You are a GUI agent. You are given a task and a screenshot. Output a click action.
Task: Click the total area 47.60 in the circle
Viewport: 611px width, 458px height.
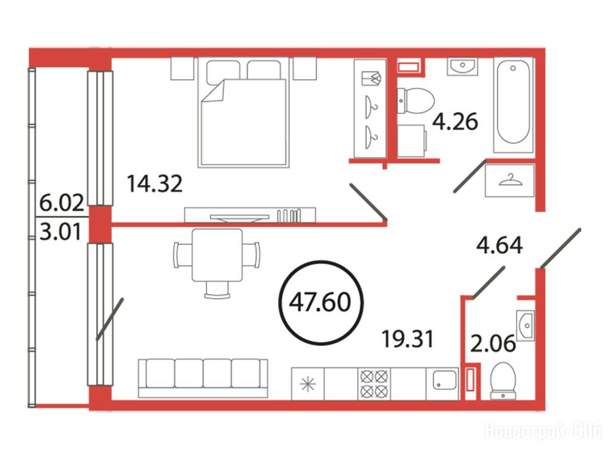click(x=320, y=302)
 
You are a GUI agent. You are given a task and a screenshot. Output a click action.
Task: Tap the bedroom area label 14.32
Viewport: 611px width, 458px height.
click(x=155, y=184)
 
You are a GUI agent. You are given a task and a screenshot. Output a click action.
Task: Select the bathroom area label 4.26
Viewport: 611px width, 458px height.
click(x=455, y=121)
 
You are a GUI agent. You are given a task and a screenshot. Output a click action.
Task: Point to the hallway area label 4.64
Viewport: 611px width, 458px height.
click(x=499, y=245)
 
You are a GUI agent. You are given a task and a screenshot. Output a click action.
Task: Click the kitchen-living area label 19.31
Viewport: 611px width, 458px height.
click(x=408, y=339)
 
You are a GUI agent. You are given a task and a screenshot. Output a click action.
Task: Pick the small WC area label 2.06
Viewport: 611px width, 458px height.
click(x=493, y=344)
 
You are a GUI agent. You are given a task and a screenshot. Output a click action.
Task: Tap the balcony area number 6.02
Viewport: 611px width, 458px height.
click(x=62, y=203)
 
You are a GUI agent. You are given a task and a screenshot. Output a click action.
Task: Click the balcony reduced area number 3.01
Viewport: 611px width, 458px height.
click(x=61, y=232)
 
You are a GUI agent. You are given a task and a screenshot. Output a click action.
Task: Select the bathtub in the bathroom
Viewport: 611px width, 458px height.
click(x=513, y=105)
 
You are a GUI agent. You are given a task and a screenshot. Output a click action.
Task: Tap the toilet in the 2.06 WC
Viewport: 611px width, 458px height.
click(x=503, y=381)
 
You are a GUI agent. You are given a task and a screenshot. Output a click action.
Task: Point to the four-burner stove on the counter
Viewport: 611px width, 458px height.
click(x=374, y=384)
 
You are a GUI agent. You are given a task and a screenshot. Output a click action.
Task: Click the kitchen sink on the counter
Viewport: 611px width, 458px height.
click(x=445, y=380)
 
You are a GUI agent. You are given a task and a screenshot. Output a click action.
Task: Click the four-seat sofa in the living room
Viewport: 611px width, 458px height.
click(x=203, y=378)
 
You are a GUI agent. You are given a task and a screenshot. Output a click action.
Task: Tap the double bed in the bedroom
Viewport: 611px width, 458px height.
click(x=243, y=112)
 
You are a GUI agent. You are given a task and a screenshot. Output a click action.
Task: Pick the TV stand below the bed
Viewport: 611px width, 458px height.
click(x=250, y=215)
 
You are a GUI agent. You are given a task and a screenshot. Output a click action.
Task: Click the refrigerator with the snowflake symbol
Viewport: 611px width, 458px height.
click(x=308, y=384)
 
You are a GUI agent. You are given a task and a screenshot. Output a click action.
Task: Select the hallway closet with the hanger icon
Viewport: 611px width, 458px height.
click(x=510, y=180)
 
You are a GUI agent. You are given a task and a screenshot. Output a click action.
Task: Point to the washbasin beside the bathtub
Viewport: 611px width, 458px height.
click(x=462, y=66)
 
